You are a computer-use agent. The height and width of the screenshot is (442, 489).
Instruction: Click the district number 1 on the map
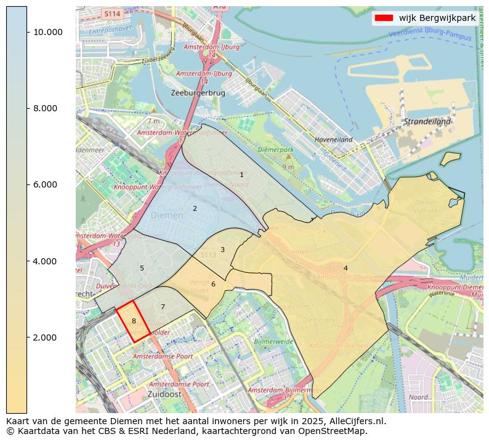(241, 175)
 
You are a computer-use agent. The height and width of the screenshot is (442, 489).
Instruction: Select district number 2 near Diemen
(195, 209)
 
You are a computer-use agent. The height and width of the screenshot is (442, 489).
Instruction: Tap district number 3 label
(222, 250)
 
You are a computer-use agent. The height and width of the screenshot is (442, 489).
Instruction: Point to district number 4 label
(346, 268)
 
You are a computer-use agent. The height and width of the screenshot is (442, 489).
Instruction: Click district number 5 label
(142, 269)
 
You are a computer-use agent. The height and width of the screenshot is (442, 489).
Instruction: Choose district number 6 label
(213, 284)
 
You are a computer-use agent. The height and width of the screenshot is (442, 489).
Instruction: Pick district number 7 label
(163, 307)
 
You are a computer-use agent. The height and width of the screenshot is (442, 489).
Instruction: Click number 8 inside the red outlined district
(134, 322)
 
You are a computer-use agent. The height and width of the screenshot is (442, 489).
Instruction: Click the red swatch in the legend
(383, 18)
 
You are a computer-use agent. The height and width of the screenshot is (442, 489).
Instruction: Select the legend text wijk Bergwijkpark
(437, 18)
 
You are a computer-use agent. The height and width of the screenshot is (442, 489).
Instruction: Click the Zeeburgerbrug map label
(198, 93)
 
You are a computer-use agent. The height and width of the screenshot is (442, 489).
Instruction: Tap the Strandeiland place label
(427, 122)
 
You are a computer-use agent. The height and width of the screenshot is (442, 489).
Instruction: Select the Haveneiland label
(333, 140)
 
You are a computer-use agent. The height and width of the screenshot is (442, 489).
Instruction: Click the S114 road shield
(111, 13)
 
